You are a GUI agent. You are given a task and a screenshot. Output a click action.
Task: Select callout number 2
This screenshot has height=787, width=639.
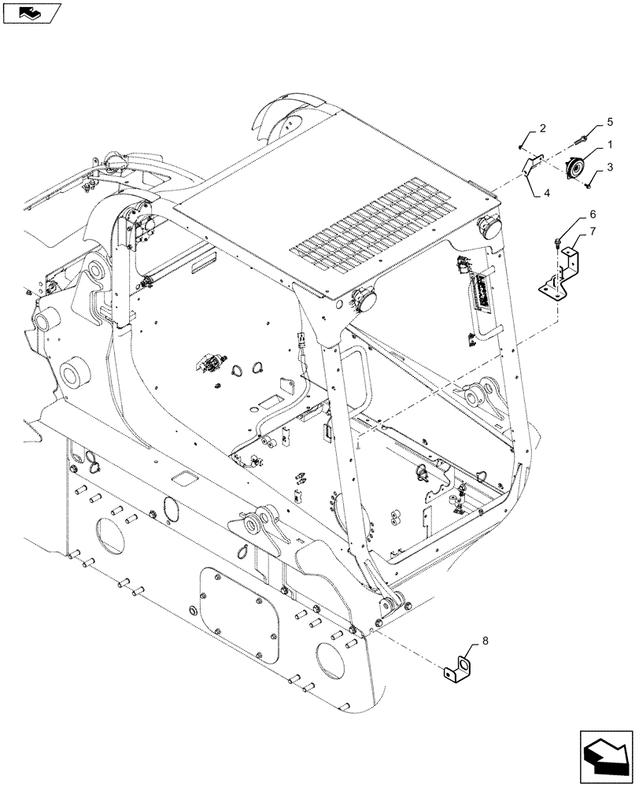(542, 128)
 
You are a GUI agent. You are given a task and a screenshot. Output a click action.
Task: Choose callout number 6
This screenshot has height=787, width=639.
(593, 214)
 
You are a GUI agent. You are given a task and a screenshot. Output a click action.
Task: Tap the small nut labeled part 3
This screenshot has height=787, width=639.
(589, 187)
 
